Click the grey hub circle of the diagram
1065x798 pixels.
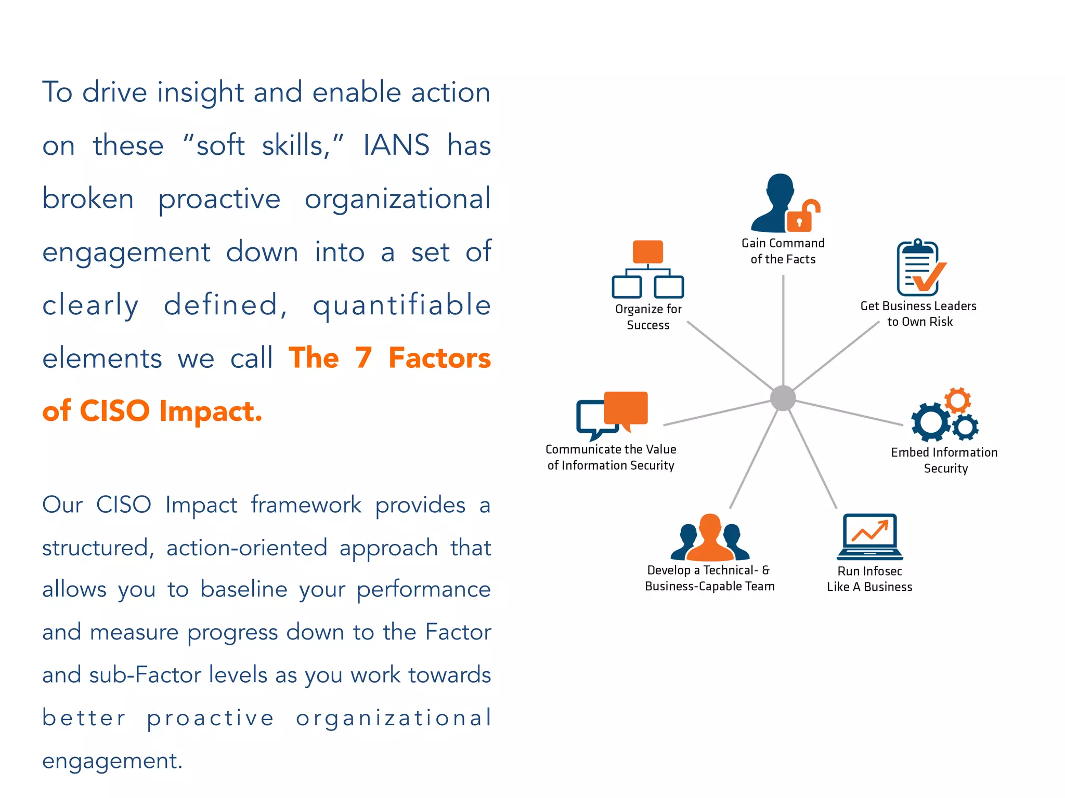click(783, 398)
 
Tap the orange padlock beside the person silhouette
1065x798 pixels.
click(801, 217)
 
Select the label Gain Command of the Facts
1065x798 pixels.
click(783, 251)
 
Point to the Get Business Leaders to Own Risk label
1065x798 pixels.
click(919, 314)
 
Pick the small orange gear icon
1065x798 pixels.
click(957, 400)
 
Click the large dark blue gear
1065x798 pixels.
click(930, 422)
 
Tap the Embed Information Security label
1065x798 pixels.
click(944, 460)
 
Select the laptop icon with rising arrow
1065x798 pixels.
click(870, 536)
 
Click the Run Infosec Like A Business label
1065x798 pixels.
click(869, 579)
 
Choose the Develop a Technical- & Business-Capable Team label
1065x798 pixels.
click(709, 578)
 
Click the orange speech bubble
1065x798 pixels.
click(626, 408)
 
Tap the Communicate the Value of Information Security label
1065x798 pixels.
click(611, 457)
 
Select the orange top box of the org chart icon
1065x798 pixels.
click(647, 252)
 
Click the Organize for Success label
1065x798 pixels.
click(648, 317)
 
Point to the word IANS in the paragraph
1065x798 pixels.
click(396, 145)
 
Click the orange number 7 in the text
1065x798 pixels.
click(363, 358)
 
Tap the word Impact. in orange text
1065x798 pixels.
click(211, 411)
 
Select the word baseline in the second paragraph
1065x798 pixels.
click(244, 590)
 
